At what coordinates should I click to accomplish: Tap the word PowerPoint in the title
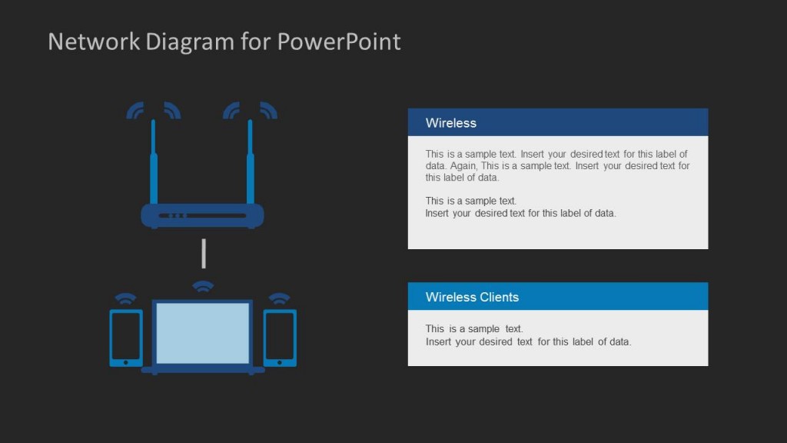pyautogui.click(x=338, y=42)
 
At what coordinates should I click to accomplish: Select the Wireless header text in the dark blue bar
pyautogui.click(x=451, y=123)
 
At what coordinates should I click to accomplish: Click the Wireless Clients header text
pyautogui.click(x=472, y=298)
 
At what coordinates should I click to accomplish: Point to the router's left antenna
pyautogui.click(x=154, y=165)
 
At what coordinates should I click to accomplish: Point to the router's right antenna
pyautogui.click(x=250, y=165)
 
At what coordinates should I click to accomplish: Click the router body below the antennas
pyautogui.click(x=202, y=215)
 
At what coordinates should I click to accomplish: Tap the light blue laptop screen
pyautogui.click(x=203, y=332)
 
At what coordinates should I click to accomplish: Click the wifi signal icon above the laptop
pyautogui.click(x=203, y=287)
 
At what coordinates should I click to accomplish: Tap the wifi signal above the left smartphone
pyautogui.click(x=126, y=298)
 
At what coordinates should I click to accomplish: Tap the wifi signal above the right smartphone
pyautogui.click(x=280, y=298)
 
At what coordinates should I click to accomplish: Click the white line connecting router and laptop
pyautogui.click(x=204, y=254)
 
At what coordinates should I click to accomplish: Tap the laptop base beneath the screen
pyautogui.click(x=203, y=370)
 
